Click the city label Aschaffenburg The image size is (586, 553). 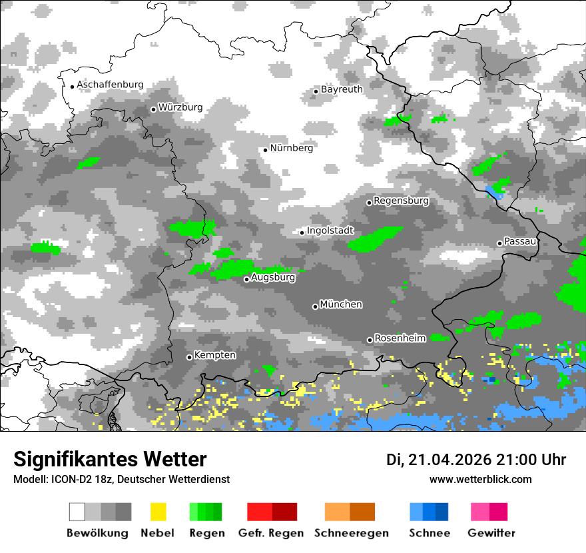pyautogui.click(x=110, y=85)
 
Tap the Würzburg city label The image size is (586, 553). pyautogui.click(x=180, y=107)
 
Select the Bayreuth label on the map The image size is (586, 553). pyautogui.click(x=342, y=89)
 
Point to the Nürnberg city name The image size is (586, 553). pyautogui.click(x=291, y=148)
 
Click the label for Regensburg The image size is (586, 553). pyautogui.click(x=401, y=201)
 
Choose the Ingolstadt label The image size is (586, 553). pyautogui.click(x=330, y=231)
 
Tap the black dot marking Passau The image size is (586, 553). pyautogui.click(x=499, y=243)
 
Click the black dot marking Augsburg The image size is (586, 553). pyautogui.click(x=246, y=279)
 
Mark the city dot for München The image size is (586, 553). pyautogui.click(x=315, y=306)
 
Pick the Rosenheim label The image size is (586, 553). pyautogui.click(x=400, y=338)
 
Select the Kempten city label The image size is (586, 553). pyautogui.click(x=214, y=355)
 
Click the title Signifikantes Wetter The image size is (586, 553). pyautogui.click(x=110, y=460)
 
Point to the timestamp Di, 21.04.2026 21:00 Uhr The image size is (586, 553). pyautogui.click(x=476, y=460)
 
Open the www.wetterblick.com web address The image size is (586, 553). pyautogui.click(x=481, y=479)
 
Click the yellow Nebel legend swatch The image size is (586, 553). pyautogui.click(x=158, y=512)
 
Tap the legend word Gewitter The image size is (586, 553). pyautogui.click(x=491, y=533)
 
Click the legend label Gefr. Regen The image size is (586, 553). pyautogui.click(x=271, y=533)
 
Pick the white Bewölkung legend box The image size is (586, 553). pyautogui.click(x=77, y=512)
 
